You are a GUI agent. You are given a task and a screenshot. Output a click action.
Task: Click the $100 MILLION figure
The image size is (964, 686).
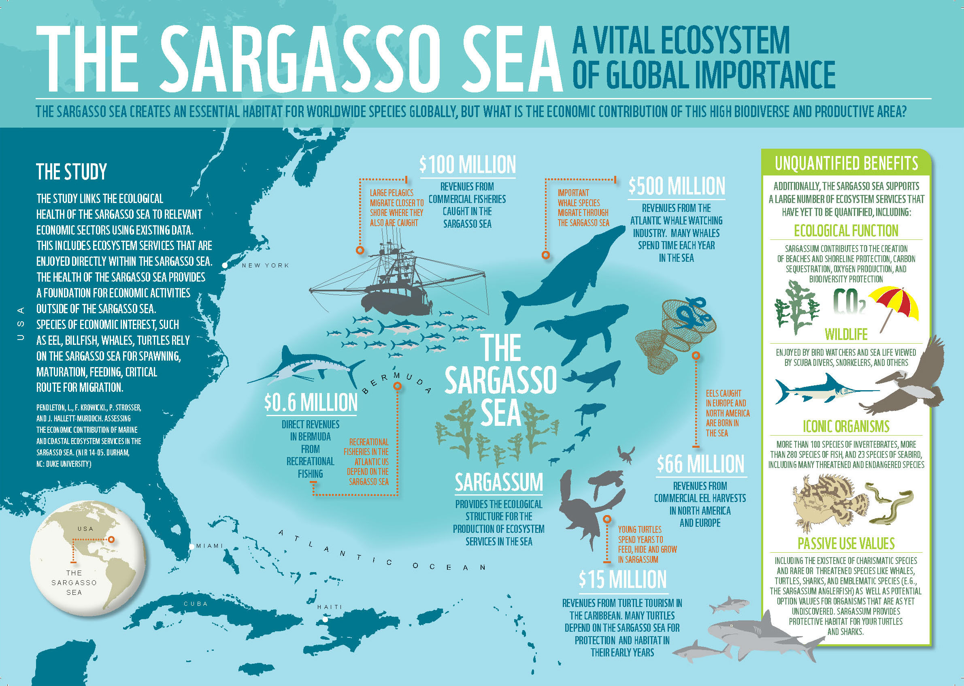click(x=467, y=165)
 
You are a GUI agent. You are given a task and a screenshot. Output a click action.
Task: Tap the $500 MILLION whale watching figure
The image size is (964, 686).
click(x=677, y=186)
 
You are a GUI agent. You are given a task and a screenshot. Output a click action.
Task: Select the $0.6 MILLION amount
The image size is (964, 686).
click(x=311, y=402)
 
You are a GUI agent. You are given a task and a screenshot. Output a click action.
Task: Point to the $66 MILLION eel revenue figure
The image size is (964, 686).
click(x=700, y=464)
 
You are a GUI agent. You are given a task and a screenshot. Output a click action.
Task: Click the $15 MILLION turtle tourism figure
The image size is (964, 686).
click(x=623, y=579)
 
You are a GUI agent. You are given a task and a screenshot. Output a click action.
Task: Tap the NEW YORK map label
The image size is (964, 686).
click(x=265, y=265)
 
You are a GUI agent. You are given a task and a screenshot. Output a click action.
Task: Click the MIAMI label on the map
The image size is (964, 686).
click(x=209, y=546)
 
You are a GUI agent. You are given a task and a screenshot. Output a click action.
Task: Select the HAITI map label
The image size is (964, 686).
click(x=330, y=607)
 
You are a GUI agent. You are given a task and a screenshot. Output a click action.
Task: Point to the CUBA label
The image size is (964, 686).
click(x=196, y=604)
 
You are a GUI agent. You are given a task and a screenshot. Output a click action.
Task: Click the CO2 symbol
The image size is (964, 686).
click(x=849, y=301)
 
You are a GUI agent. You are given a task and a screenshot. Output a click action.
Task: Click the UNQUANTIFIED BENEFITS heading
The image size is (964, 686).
click(x=846, y=163)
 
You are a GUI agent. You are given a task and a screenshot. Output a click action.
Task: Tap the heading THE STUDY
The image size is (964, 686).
click(x=71, y=172)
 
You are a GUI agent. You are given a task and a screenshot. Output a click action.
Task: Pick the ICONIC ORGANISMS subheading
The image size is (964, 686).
click(x=846, y=427)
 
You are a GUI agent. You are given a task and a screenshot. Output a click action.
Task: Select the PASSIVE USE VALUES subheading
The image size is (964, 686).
click(x=846, y=543)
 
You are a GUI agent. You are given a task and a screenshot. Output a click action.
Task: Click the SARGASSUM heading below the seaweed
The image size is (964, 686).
click(x=498, y=483)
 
